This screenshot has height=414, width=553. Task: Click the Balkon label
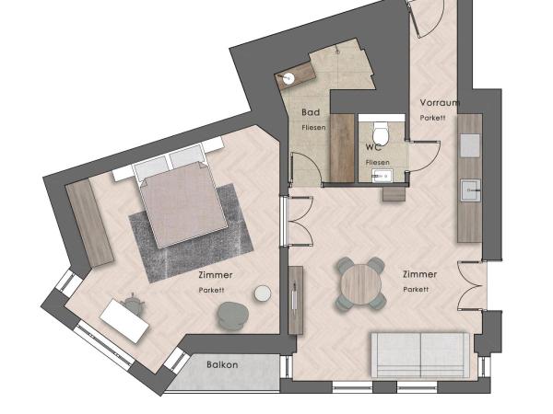222,364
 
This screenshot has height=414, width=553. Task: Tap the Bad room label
311,112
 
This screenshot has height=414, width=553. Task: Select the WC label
374,147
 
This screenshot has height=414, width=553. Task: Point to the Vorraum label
440,103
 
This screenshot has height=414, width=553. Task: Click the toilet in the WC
381,132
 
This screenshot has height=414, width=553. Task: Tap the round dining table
361,284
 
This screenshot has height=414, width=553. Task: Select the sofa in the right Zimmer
420,355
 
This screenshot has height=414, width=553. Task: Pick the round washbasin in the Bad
288,78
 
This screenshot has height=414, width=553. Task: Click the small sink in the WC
382,175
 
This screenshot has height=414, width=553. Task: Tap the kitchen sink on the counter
470,190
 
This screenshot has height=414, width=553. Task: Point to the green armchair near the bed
233,316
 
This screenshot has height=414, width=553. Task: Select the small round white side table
263,293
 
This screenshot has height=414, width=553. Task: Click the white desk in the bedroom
124,321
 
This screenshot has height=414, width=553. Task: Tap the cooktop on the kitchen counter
470,145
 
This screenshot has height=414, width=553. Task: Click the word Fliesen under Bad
313,128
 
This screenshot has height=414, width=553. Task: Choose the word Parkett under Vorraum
433,118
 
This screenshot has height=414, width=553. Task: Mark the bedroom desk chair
134,303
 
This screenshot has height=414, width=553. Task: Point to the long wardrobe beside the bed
89,223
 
